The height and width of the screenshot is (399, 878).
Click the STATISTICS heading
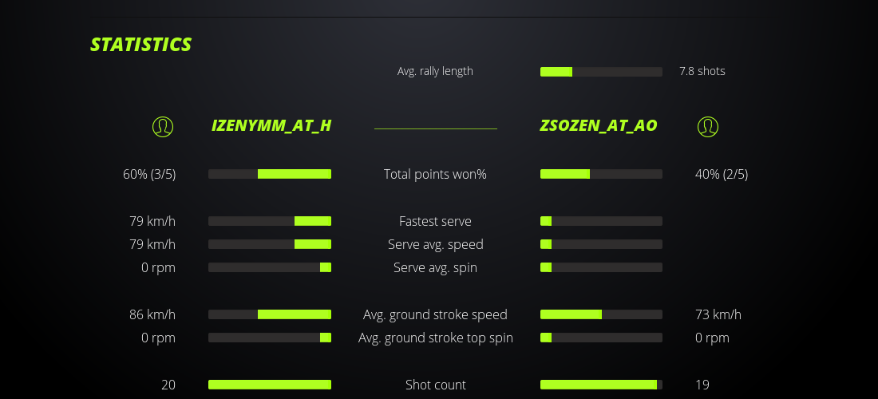click(140, 45)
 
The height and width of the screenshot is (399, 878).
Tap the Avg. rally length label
click(435, 71)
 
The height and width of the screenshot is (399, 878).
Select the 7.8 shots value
click(702, 71)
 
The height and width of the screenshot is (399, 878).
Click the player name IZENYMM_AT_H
click(271, 125)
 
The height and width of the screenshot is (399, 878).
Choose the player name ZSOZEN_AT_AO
click(599, 125)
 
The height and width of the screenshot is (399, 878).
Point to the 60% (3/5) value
click(149, 174)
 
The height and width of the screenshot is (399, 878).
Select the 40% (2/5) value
click(722, 174)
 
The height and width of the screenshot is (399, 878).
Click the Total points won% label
click(435, 174)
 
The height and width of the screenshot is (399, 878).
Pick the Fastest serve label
click(435, 221)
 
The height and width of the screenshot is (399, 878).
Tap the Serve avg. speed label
click(435, 244)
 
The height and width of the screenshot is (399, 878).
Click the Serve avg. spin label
click(435, 267)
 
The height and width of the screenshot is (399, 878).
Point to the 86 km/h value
click(152, 314)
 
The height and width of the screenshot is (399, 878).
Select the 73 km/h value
click(718, 314)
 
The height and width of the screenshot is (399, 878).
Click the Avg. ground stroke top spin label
click(435, 338)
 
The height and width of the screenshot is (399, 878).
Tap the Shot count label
click(435, 385)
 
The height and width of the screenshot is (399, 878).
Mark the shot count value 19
click(702, 385)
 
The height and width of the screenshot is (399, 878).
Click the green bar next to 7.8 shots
click(556, 72)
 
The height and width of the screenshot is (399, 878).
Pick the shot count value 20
click(168, 385)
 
